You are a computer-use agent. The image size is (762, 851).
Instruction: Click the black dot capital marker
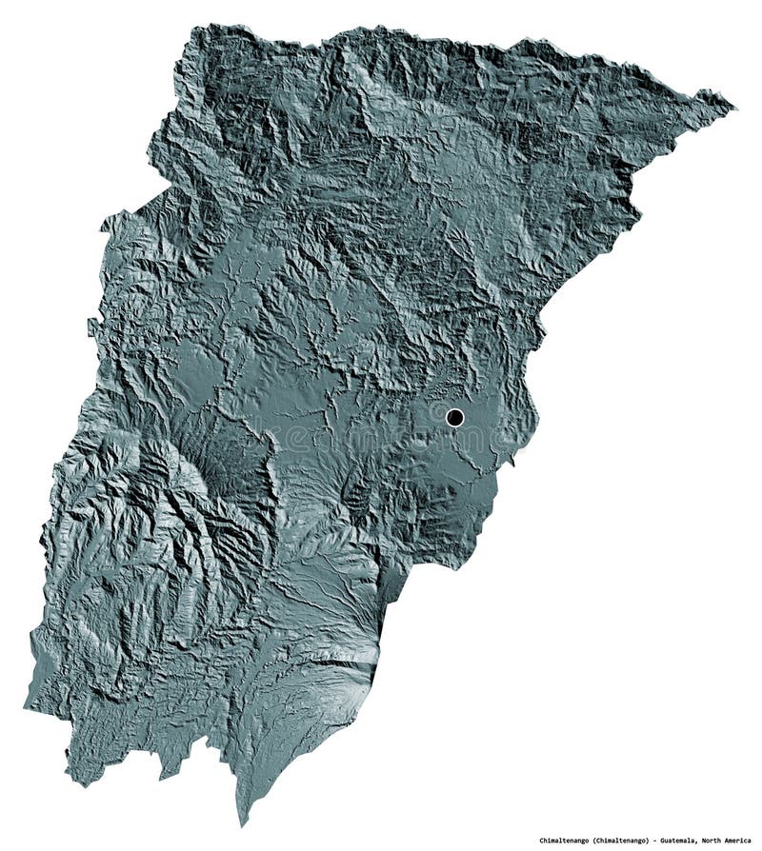(454, 417)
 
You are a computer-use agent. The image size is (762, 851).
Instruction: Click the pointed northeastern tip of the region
(733, 104)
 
